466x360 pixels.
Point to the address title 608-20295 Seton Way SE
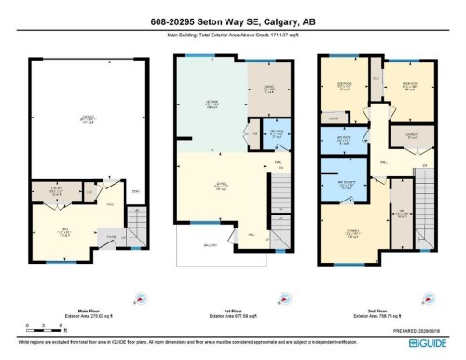232,23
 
